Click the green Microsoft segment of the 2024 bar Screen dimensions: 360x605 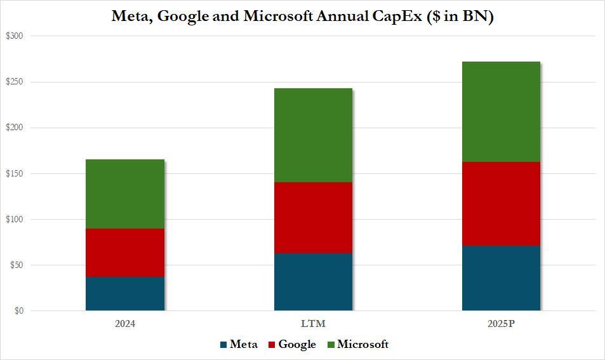(125, 194)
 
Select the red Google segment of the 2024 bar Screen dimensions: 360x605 (125, 253)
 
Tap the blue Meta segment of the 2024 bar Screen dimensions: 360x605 (125, 294)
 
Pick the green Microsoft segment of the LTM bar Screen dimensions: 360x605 (313, 135)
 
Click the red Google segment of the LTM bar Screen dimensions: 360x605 (313, 218)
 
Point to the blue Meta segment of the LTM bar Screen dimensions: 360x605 (313, 282)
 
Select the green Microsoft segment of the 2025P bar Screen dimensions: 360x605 (501, 112)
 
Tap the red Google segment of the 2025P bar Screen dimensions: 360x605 (501, 204)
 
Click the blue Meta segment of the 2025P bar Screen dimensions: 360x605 (501, 278)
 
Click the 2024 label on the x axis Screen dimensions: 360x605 (125, 324)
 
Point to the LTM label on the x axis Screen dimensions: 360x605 (313, 324)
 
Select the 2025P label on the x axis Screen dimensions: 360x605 (501, 324)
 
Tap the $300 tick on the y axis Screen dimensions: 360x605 (14, 36)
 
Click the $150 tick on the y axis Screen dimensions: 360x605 (14, 174)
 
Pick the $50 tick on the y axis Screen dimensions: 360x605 (15, 265)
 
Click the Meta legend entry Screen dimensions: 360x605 (239, 345)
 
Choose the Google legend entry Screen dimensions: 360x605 (292, 345)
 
